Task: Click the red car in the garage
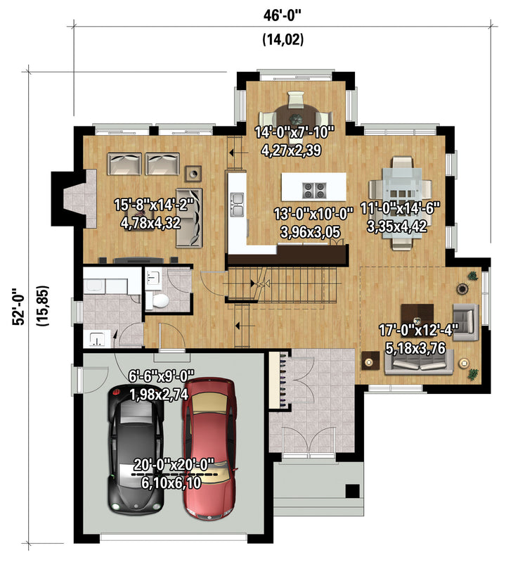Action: click(209, 448)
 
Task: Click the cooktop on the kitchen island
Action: click(314, 190)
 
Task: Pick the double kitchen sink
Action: click(237, 205)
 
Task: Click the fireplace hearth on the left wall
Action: click(80, 198)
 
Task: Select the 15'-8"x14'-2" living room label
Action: click(154, 205)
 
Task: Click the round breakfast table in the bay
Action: click(296, 117)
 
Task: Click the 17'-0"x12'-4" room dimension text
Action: click(417, 330)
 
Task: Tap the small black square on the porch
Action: click(352, 491)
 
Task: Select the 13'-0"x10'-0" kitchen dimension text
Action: click(313, 214)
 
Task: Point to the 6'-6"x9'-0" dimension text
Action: click(161, 376)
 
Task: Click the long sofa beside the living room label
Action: click(189, 217)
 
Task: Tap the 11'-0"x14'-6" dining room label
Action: click(400, 208)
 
